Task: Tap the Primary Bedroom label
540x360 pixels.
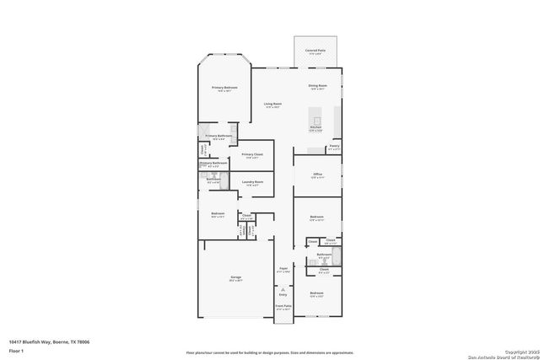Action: [x=224, y=88]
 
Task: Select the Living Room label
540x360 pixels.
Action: [x=272, y=104]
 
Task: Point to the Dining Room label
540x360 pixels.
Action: [x=317, y=86]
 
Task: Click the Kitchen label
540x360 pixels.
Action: [x=316, y=128]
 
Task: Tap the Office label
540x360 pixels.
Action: [x=317, y=175]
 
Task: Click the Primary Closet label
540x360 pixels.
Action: [x=252, y=155]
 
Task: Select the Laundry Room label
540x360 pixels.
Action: [x=252, y=182]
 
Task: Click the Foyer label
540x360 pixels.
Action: [x=283, y=270]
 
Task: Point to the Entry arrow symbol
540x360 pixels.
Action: [x=283, y=288]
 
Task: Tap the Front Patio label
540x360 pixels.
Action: [x=283, y=306]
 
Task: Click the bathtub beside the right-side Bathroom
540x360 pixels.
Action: [x=337, y=256]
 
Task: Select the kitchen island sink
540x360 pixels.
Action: [x=317, y=121]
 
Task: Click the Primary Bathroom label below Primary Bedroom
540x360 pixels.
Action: [x=219, y=135]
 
